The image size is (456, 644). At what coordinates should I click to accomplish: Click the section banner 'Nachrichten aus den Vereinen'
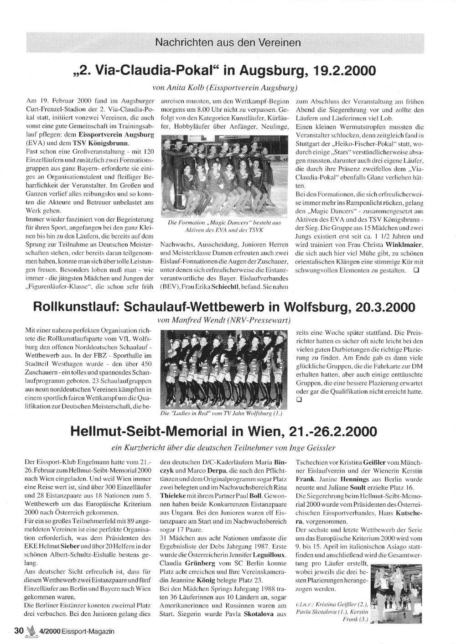[228, 42]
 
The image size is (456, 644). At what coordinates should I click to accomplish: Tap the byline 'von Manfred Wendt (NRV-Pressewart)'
[224, 321]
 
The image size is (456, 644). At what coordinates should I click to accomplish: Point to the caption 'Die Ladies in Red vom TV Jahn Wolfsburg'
[222, 414]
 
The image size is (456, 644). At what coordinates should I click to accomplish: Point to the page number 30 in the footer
[19, 631]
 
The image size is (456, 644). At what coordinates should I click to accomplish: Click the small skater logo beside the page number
[31, 631]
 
